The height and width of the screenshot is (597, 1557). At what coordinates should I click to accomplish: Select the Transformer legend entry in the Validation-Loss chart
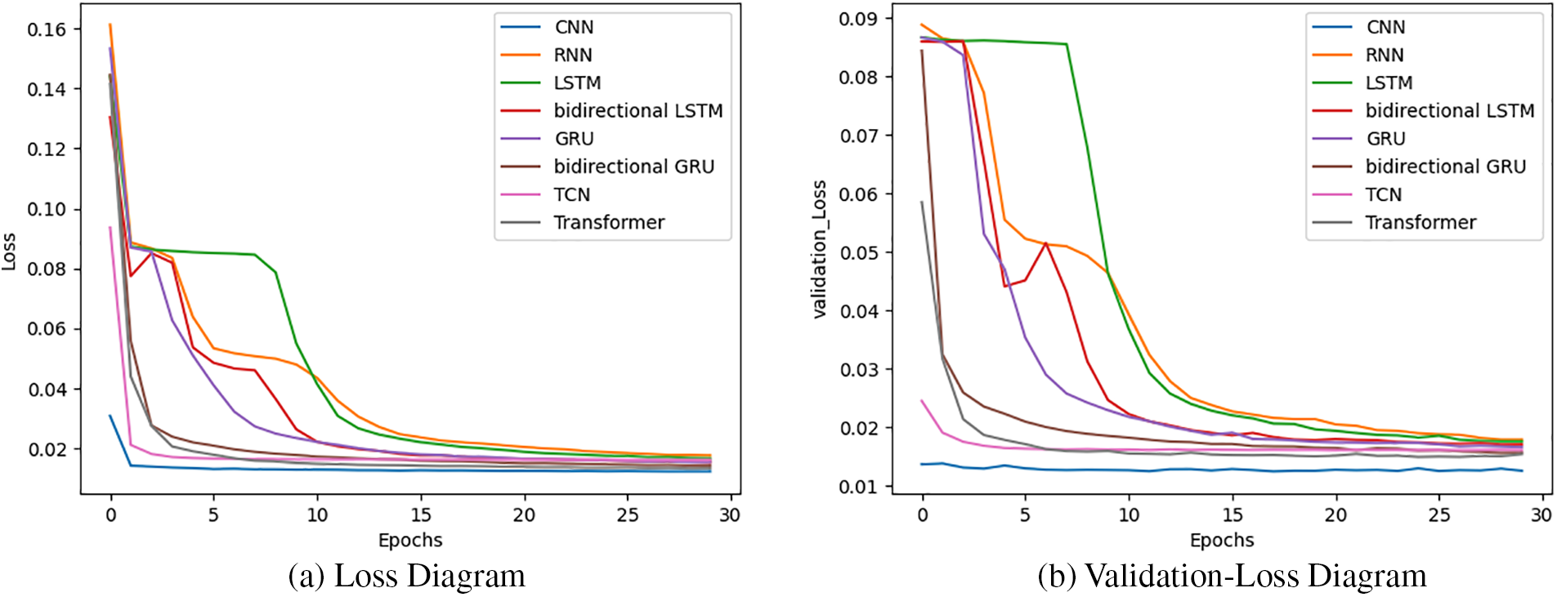pos(1421,222)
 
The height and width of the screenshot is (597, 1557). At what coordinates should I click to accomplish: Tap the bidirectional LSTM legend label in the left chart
pos(638,110)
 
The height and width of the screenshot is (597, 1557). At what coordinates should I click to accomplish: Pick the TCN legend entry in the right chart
pos(1383,194)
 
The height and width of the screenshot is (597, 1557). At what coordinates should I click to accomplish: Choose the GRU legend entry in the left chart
pos(574,139)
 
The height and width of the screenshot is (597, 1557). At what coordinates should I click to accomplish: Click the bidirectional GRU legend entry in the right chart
pos(1445,167)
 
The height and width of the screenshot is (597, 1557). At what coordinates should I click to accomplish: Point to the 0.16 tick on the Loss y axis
pos(47,29)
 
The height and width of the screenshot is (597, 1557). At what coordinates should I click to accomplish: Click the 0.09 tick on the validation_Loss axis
pos(858,18)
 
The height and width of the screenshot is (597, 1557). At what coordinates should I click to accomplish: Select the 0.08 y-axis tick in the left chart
pos(47,269)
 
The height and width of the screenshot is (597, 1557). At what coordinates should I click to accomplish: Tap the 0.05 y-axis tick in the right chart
pos(858,252)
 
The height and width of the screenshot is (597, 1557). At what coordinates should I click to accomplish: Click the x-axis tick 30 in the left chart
pos(729,515)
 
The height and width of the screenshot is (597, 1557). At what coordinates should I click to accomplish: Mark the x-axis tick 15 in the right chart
pos(1233,515)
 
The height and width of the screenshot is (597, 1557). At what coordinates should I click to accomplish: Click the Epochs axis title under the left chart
pos(410,540)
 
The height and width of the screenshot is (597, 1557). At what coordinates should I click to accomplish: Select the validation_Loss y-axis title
pos(820,249)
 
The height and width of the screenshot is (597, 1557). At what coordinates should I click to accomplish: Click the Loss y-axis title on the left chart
pos(9,252)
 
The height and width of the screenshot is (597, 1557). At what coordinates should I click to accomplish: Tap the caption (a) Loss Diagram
pos(406,576)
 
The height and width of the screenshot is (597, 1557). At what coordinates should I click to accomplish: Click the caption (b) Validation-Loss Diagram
pos(1232,576)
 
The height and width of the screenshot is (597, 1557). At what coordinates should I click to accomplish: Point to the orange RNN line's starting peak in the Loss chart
pos(110,25)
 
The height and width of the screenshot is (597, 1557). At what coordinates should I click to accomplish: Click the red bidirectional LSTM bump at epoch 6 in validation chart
pos(1045,243)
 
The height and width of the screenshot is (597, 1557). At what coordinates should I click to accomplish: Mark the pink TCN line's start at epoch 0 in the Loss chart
pos(110,228)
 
